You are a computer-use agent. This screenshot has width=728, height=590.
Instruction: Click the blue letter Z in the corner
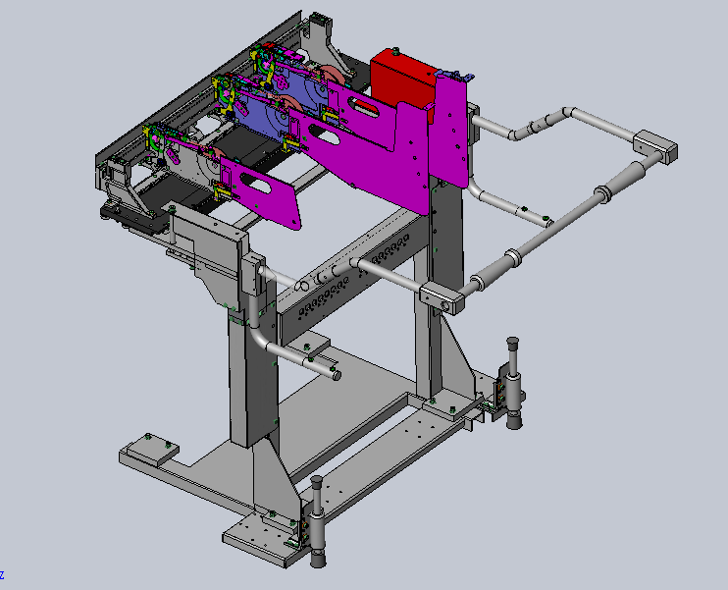pos(2,575)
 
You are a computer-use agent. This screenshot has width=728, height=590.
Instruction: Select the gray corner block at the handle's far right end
pos(655,146)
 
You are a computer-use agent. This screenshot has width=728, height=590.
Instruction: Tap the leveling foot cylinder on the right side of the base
pos(513,383)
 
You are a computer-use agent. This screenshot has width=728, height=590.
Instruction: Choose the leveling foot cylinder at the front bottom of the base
pos(318,522)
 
